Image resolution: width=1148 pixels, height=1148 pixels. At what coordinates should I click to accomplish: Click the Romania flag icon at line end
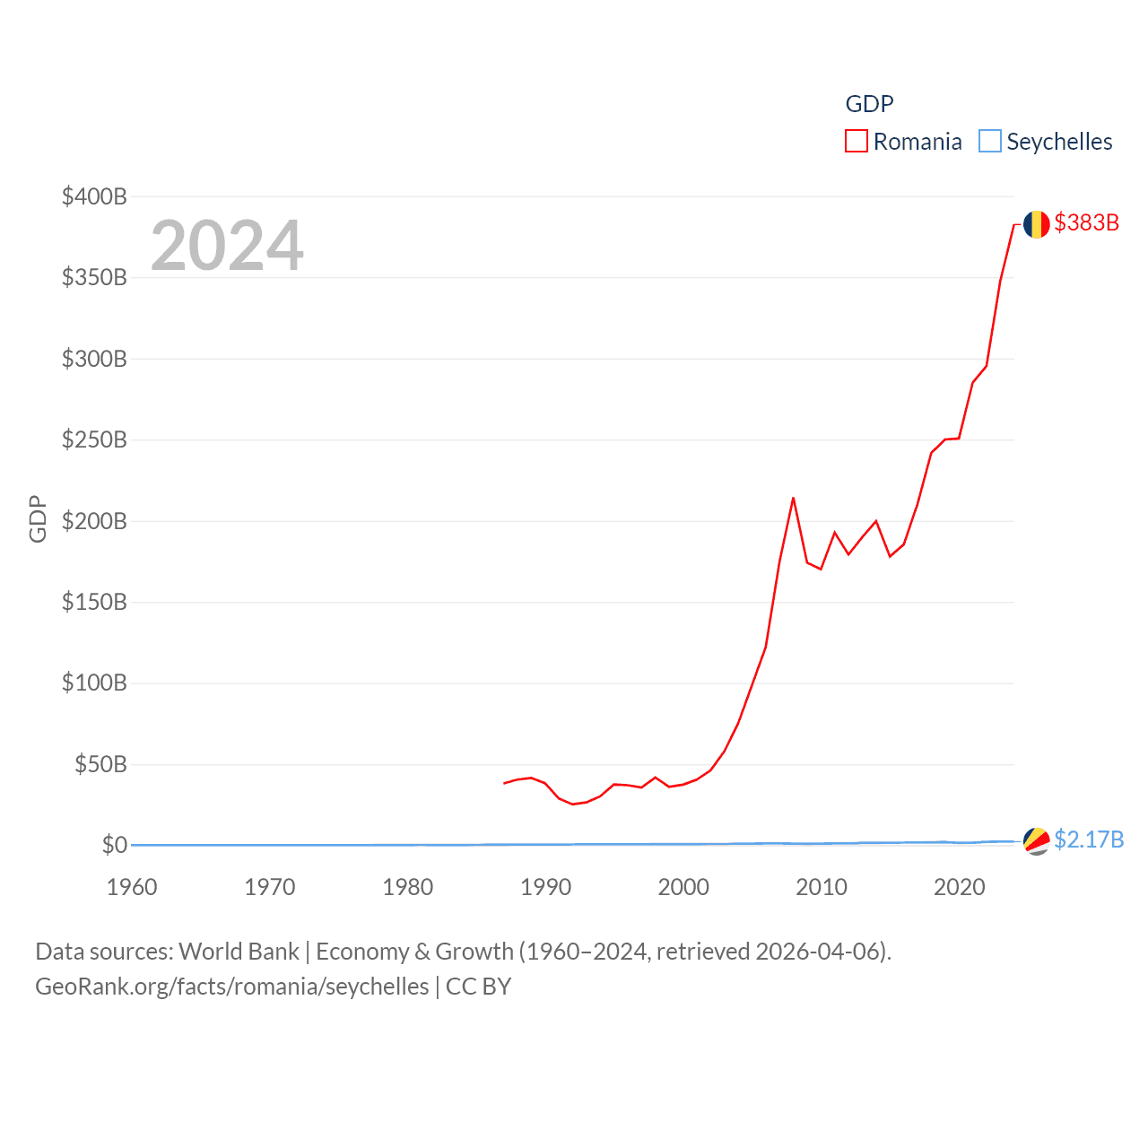pyautogui.click(x=1036, y=224)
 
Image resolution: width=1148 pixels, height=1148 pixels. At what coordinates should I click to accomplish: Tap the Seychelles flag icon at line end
pyautogui.click(x=1036, y=841)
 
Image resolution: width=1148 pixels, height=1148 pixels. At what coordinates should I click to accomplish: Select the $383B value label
pyautogui.click(x=1086, y=222)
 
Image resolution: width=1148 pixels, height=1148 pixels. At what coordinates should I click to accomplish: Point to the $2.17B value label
pyautogui.click(x=1089, y=839)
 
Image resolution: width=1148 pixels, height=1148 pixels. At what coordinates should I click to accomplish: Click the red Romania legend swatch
pyautogui.click(x=857, y=142)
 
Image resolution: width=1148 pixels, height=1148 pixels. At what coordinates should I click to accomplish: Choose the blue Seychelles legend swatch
pyautogui.click(x=989, y=142)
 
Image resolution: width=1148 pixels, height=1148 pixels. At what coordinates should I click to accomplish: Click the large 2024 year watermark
pyautogui.click(x=227, y=245)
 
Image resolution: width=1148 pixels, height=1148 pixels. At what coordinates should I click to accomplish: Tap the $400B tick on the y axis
pyautogui.click(x=94, y=196)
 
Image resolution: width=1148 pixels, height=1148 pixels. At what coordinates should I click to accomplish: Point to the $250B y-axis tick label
pyautogui.click(x=94, y=439)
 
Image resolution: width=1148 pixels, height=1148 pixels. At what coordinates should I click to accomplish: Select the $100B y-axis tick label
pyautogui.click(x=94, y=683)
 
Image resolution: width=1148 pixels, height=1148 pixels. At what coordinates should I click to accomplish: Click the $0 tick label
pyautogui.click(x=115, y=845)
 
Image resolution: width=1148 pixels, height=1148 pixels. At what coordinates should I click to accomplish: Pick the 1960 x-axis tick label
pyautogui.click(x=132, y=887)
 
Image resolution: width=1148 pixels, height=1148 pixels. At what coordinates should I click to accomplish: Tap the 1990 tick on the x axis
pyautogui.click(x=545, y=887)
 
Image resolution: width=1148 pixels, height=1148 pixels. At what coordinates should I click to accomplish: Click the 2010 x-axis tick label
pyautogui.click(x=822, y=887)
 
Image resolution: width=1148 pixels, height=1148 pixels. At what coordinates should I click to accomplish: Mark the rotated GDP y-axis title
pyautogui.click(x=38, y=518)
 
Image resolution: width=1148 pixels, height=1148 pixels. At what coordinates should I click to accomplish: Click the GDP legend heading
pyautogui.click(x=869, y=104)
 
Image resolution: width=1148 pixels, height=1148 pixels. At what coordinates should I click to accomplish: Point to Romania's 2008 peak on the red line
pyautogui.click(x=793, y=498)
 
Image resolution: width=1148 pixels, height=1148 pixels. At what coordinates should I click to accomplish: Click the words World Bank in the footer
pyautogui.click(x=239, y=951)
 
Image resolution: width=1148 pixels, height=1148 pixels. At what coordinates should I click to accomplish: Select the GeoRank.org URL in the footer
pyautogui.click(x=231, y=987)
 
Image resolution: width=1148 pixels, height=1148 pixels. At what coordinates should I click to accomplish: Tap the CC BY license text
pyautogui.click(x=478, y=987)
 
